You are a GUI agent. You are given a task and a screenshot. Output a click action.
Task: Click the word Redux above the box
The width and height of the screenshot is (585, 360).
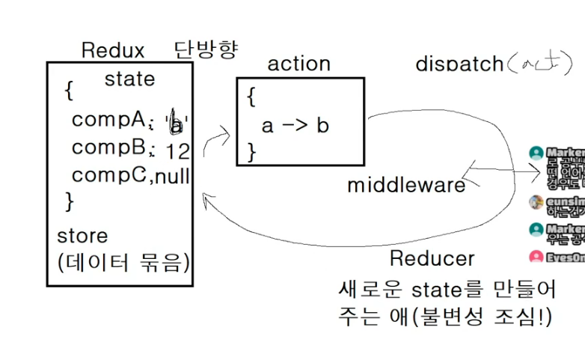point(112,51)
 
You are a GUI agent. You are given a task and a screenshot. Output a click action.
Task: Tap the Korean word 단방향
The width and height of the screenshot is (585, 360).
point(206,50)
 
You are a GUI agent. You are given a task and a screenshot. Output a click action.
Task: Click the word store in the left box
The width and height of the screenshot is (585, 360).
point(82,236)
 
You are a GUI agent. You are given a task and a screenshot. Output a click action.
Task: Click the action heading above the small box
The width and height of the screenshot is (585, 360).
point(298,64)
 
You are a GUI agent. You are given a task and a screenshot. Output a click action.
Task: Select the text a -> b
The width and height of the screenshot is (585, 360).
point(295,125)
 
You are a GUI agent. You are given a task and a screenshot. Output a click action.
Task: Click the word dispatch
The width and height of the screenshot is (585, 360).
point(459,64)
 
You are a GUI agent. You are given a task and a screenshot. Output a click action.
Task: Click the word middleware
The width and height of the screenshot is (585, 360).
point(405,184)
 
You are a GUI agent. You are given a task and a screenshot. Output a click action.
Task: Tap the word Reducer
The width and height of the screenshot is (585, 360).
point(432,258)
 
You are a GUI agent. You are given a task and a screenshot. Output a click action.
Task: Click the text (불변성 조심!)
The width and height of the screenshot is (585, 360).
point(486,316)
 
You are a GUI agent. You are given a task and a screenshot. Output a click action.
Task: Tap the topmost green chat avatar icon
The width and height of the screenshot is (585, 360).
point(536,153)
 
